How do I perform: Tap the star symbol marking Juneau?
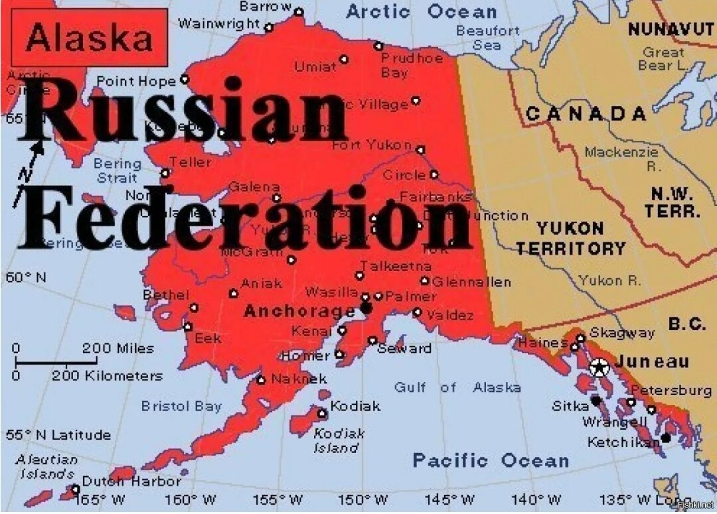(x=599, y=366)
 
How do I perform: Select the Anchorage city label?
(x=299, y=311)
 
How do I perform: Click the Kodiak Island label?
(x=339, y=440)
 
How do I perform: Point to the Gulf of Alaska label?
(x=457, y=387)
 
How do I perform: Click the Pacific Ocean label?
(x=490, y=460)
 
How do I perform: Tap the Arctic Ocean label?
(x=421, y=11)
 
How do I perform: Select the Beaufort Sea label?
(x=488, y=38)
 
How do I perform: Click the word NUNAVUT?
(x=671, y=29)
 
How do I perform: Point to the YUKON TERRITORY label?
(x=570, y=238)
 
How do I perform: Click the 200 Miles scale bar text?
(x=118, y=349)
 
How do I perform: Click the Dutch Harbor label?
(x=131, y=481)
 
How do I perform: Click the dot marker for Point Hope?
(x=185, y=80)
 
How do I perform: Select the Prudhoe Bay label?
(x=411, y=65)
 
